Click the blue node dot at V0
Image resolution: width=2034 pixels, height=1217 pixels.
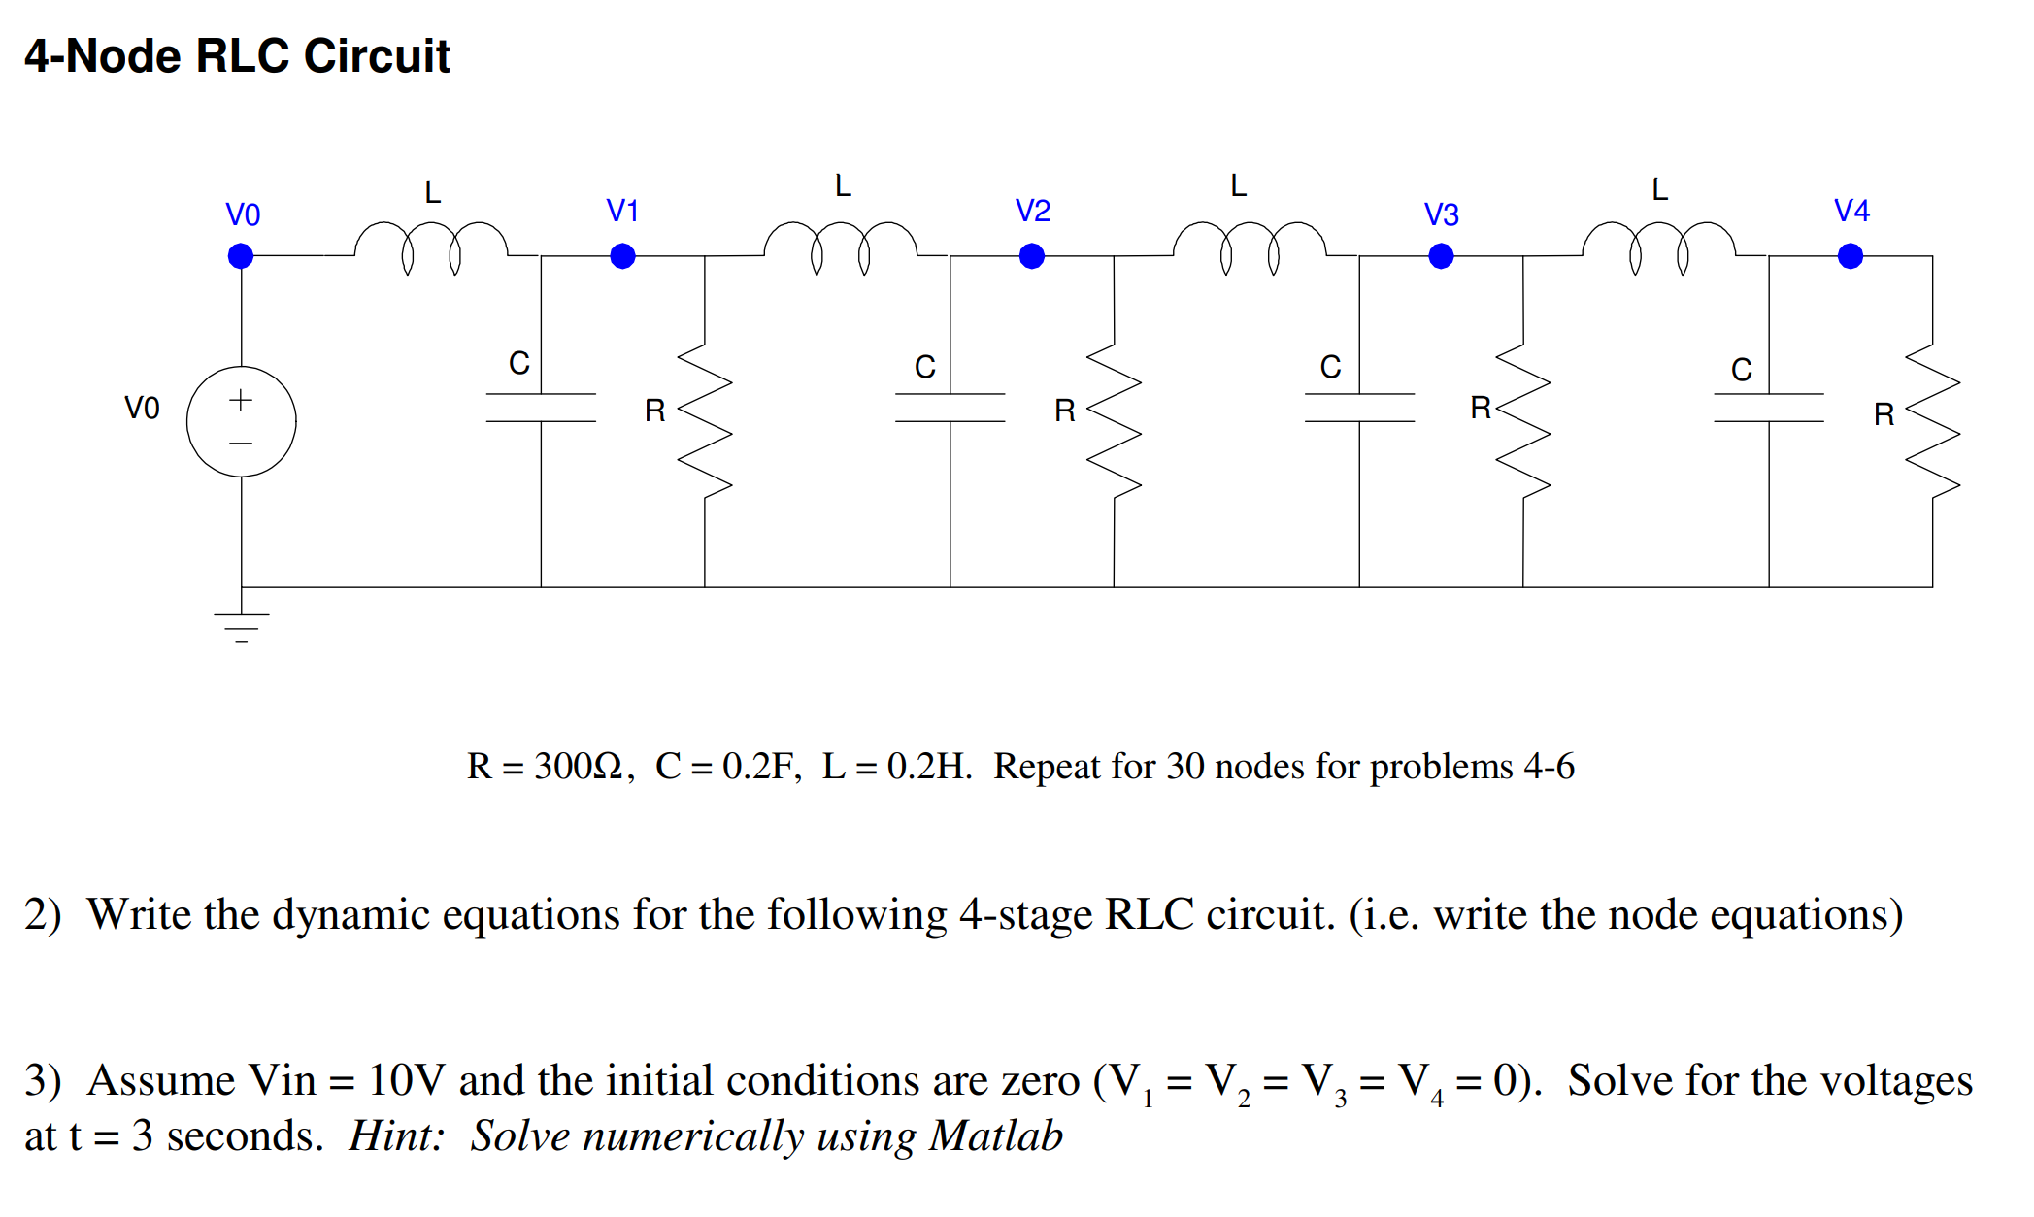click(x=241, y=256)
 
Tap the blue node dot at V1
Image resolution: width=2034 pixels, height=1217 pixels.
click(x=622, y=256)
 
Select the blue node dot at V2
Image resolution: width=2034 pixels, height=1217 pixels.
click(x=1032, y=256)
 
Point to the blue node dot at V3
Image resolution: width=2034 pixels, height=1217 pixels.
click(x=1441, y=256)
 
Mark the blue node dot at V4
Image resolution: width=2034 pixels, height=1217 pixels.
click(x=1851, y=256)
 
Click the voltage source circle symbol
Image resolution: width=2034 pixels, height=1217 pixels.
click(x=241, y=421)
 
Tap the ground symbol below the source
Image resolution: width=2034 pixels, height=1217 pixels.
click(x=242, y=626)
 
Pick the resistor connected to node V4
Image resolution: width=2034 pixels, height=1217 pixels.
click(x=1933, y=420)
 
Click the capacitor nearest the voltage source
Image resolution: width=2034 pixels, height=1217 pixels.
click(x=541, y=408)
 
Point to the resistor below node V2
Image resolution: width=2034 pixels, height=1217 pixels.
click(x=1114, y=420)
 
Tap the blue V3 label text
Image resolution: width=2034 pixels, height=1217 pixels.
click(x=1441, y=214)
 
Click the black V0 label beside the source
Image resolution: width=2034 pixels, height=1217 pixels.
click(x=142, y=408)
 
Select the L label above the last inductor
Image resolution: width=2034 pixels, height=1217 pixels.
click(x=1659, y=189)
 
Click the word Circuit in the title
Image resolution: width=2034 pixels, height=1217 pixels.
click(x=377, y=56)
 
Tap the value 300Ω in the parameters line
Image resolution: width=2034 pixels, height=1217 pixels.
click(x=578, y=767)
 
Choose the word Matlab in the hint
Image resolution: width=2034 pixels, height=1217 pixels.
click(x=995, y=1136)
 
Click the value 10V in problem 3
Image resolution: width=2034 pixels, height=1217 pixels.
click(x=406, y=1080)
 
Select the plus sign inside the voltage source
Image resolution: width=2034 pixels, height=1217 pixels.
click(x=241, y=400)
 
